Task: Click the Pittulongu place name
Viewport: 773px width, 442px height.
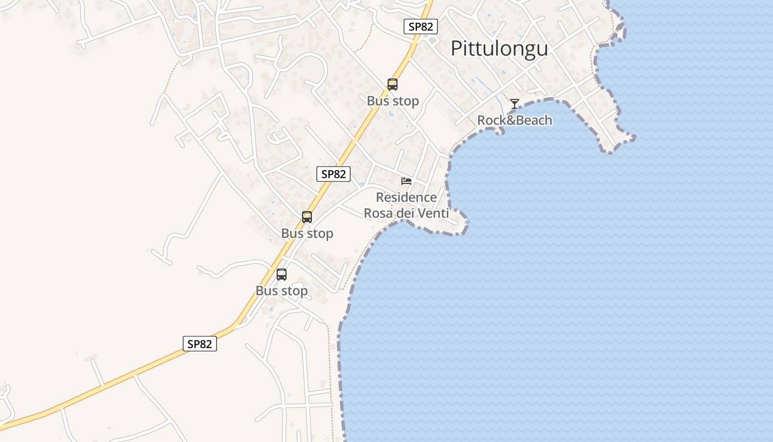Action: [499, 48]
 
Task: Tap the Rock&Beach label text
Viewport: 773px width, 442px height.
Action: [515, 120]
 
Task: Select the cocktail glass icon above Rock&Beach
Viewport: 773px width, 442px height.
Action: [515, 103]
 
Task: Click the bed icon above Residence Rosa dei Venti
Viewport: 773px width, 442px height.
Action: [406, 181]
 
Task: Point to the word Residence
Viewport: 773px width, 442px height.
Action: [406, 197]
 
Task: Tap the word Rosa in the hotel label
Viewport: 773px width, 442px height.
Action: [378, 213]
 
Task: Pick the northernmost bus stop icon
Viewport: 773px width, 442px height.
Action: [393, 85]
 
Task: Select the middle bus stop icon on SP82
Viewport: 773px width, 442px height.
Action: [307, 217]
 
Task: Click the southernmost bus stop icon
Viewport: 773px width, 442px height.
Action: [282, 275]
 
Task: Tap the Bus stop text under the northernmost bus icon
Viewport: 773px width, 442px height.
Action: [393, 101]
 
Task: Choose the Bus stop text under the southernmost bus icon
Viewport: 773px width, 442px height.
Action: [282, 291]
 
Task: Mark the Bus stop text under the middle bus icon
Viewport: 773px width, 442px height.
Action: [307, 234]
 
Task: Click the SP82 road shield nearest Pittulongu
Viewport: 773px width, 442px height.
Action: [421, 27]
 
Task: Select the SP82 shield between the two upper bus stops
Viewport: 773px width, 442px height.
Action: [334, 174]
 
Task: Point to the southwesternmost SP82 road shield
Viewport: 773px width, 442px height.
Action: [200, 344]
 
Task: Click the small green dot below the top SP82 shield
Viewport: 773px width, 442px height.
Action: [432, 40]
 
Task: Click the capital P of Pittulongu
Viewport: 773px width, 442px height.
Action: [457, 48]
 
